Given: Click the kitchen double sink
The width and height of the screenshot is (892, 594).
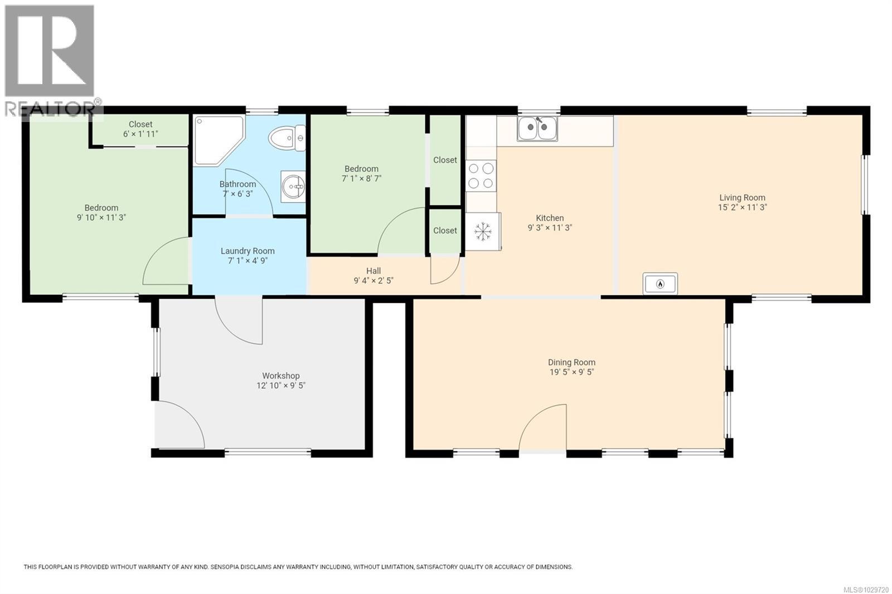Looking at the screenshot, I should tap(537, 129).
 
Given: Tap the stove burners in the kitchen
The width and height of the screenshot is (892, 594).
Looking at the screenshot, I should tap(481, 175).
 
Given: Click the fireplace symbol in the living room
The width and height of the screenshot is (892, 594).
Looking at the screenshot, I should tap(660, 284).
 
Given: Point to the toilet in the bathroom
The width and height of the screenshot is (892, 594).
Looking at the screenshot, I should tap(287, 138).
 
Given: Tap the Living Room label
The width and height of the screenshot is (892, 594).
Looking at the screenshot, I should tap(742, 197).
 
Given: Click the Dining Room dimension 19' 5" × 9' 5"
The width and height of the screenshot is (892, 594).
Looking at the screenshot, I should tap(571, 372).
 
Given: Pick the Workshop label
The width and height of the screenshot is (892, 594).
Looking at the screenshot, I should tap(281, 376).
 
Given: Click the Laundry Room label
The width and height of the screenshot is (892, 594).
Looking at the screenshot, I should tap(248, 251).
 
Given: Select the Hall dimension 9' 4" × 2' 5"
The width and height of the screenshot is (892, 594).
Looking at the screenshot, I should tap(374, 281).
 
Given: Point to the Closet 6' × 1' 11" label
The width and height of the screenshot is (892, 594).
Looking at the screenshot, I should tap(140, 134).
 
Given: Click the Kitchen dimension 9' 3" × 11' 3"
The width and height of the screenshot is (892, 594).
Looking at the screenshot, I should tap(550, 227).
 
